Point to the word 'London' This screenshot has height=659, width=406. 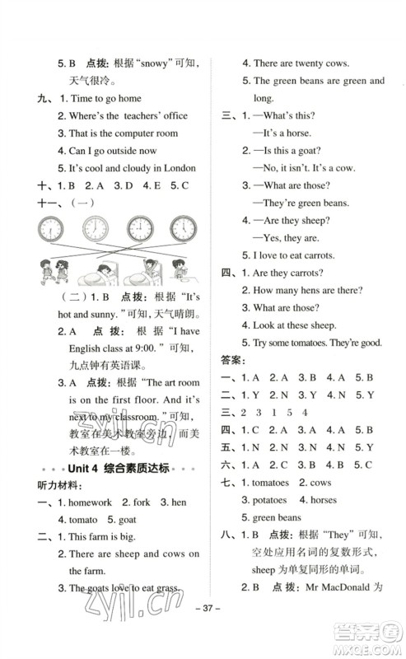(x=178, y=169)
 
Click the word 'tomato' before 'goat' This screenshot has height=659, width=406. (x=76, y=520)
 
